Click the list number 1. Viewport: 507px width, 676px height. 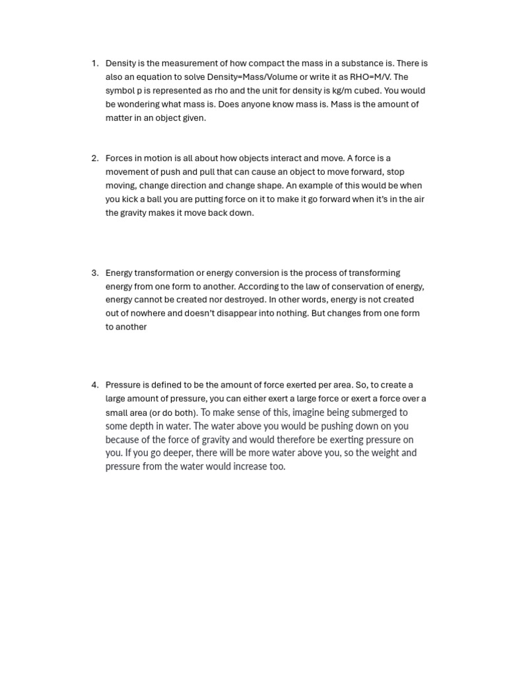[94, 63]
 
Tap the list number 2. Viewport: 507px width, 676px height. [94, 158]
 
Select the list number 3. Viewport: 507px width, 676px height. [94, 273]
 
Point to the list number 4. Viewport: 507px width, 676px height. [94, 385]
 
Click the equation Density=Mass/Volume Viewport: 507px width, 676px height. [252, 77]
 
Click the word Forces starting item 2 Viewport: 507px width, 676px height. [119, 158]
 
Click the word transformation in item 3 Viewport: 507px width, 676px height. [165, 273]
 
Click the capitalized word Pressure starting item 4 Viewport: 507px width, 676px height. [123, 385]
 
